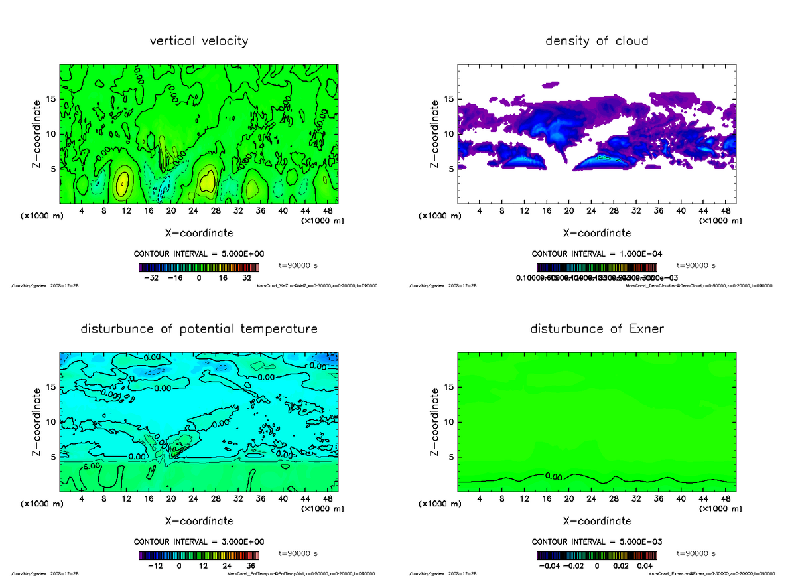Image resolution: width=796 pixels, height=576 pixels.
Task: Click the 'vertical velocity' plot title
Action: click(199, 41)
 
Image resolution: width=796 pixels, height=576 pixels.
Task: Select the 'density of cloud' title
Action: click(596, 41)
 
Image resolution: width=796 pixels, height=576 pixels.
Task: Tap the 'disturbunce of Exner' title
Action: click(597, 329)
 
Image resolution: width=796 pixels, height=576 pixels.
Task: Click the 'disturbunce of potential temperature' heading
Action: click(199, 329)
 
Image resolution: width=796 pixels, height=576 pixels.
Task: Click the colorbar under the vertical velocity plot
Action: click(199, 267)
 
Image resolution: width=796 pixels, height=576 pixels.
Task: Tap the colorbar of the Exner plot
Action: click(597, 555)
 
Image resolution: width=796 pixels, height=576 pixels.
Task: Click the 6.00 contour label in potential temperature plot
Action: click(91, 467)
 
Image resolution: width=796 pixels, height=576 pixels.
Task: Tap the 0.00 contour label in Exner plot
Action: click(553, 476)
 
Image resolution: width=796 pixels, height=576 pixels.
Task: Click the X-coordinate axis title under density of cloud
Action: click(597, 233)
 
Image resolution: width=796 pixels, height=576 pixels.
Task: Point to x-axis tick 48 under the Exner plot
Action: click(725, 499)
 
